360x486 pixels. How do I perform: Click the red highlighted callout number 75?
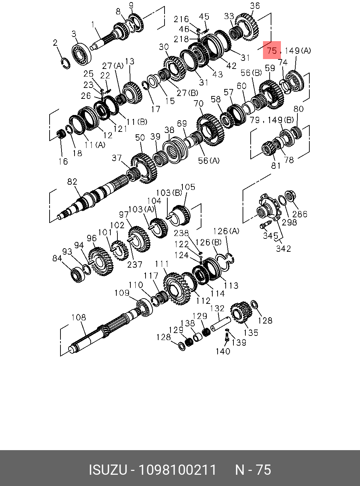coord(272,51)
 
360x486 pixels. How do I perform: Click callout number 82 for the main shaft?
coord(72,182)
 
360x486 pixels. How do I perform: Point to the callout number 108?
coord(78,317)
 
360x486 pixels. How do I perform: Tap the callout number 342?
coord(283,248)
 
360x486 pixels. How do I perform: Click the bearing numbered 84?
coord(76,273)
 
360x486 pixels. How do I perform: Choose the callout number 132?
coord(217,308)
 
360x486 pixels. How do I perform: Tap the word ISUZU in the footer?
coord(107,470)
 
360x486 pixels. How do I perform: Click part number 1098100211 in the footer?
coord(177,470)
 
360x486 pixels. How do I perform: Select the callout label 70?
coord(199,104)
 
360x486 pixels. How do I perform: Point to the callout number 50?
coord(140,138)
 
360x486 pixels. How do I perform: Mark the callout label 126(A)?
coord(226,231)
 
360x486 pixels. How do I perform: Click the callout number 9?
coord(131,5)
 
